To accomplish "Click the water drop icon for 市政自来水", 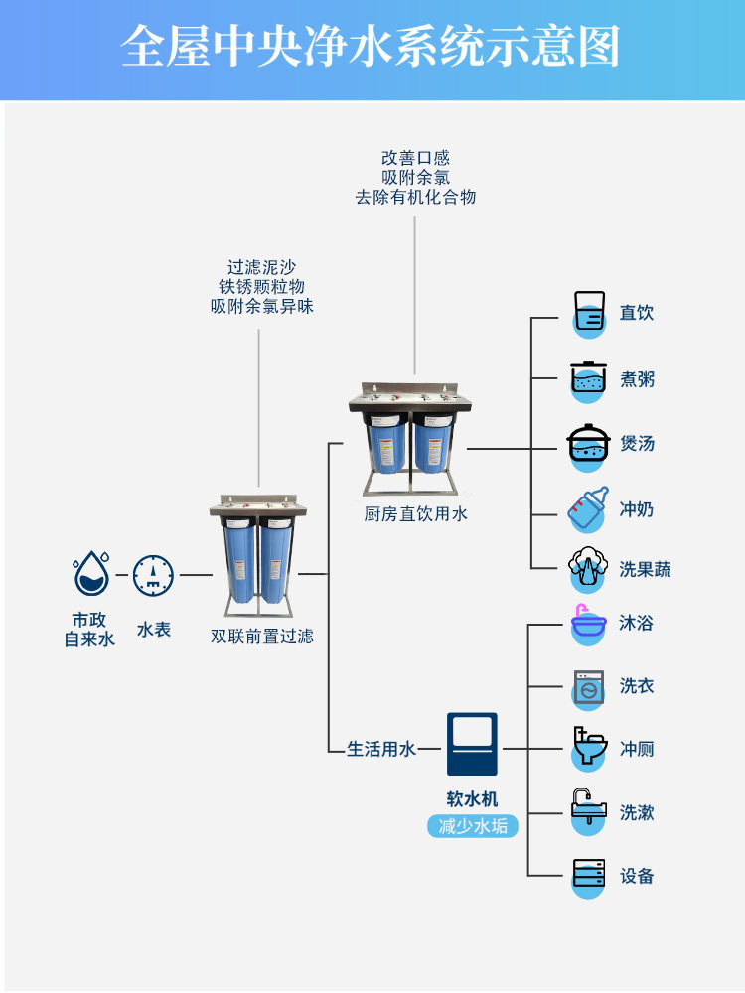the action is tap(91, 573).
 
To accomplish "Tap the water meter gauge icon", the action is tap(153, 575).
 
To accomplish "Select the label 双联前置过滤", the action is tap(261, 636).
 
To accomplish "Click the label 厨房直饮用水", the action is tap(415, 513).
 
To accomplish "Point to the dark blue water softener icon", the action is tap(472, 744).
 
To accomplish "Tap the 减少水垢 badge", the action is tap(473, 826).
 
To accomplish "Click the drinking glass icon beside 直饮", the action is tap(589, 314).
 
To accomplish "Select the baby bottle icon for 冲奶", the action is tap(588, 509).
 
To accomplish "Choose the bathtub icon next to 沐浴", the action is tap(588, 624).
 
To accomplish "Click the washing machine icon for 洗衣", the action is tap(588, 688).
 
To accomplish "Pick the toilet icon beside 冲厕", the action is tap(589, 748).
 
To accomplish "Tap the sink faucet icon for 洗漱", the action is tap(588, 811).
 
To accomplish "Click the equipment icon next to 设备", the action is tap(588, 877).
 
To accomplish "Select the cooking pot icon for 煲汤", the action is tap(588, 446).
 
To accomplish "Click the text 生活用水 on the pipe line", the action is tap(381, 749).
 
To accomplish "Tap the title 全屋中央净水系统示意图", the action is tap(371, 47).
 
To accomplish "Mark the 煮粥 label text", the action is tap(637, 379).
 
